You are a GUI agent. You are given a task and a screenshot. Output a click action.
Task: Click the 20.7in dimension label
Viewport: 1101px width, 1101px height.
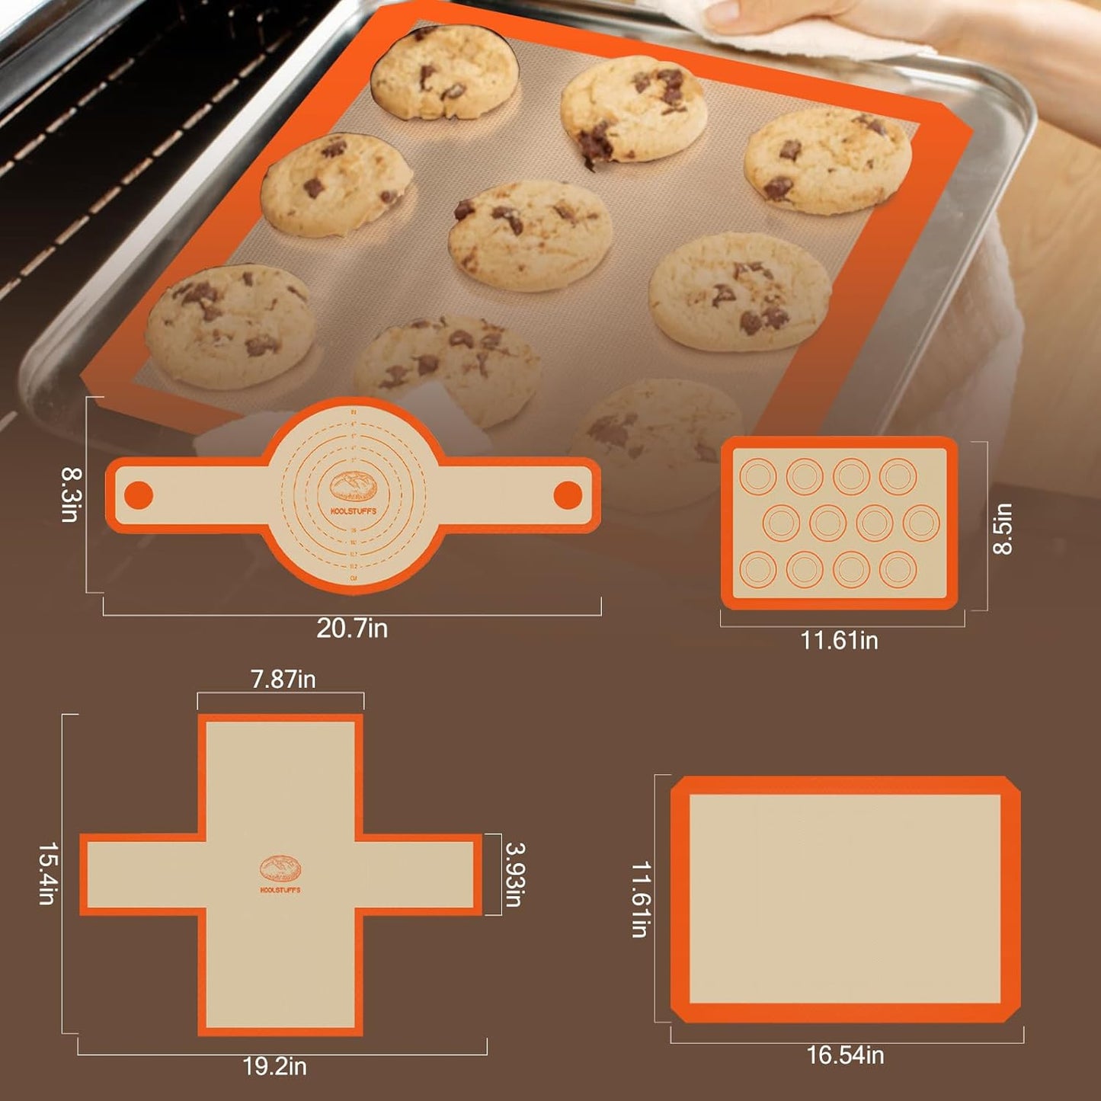[x=352, y=629]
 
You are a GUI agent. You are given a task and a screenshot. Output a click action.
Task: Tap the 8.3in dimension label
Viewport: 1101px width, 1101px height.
[x=70, y=494]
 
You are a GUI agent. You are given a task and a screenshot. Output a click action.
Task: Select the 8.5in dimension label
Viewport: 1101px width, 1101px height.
[x=1003, y=528]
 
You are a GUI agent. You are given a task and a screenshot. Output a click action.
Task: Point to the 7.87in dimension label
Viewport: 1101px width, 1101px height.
[x=283, y=679]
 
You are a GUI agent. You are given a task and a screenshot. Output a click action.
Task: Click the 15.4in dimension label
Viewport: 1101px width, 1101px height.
[x=47, y=873]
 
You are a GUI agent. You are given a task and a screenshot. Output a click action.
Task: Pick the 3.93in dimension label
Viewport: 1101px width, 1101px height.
[x=515, y=874]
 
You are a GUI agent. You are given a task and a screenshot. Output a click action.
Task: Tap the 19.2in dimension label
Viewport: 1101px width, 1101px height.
[x=274, y=1066]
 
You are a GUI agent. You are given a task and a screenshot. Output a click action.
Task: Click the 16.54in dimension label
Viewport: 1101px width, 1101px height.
[x=845, y=1055]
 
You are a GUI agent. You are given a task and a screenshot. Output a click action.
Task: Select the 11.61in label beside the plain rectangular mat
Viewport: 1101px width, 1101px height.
[x=641, y=899]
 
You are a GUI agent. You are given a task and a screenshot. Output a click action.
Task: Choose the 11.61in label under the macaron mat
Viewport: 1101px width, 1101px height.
[x=839, y=641]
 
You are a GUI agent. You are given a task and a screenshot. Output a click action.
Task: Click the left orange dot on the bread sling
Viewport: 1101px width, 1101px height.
[x=139, y=495]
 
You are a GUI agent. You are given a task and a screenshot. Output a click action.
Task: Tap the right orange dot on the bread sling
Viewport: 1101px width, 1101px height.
[x=568, y=495]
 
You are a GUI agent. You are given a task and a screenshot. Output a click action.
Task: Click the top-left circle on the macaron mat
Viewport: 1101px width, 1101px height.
[x=758, y=476]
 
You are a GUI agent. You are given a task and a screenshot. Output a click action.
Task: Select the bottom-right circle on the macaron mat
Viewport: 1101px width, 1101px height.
[x=898, y=568]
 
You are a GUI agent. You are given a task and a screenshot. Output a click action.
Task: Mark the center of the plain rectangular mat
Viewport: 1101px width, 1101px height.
[x=845, y=899]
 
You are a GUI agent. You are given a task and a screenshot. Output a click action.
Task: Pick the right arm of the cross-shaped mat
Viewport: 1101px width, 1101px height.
[x=418, y=875]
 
